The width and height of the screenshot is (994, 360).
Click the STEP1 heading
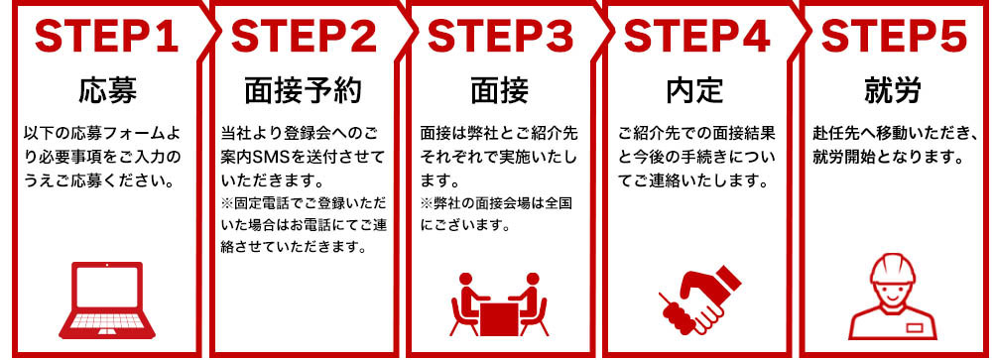click(107, 37)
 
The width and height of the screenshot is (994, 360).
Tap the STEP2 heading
click(304, 37)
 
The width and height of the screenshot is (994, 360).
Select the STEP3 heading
click(500, 37)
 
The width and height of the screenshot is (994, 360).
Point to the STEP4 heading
click(696, 37)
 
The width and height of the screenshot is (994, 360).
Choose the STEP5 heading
click(894, 37)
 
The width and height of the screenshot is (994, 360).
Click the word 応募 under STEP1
click(107, 91)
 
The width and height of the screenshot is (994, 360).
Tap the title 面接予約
click(304, 91)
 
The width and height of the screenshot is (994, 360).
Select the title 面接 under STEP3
click(500, 91)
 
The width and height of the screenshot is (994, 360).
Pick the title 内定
click(696, 91)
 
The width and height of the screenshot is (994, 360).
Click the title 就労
click(893, 91)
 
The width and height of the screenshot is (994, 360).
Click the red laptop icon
click(106, 300)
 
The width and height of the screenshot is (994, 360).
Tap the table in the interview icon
click(500, 318)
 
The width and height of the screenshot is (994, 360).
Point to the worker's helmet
click(893, 268)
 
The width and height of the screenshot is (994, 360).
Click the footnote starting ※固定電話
click(304, 226)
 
